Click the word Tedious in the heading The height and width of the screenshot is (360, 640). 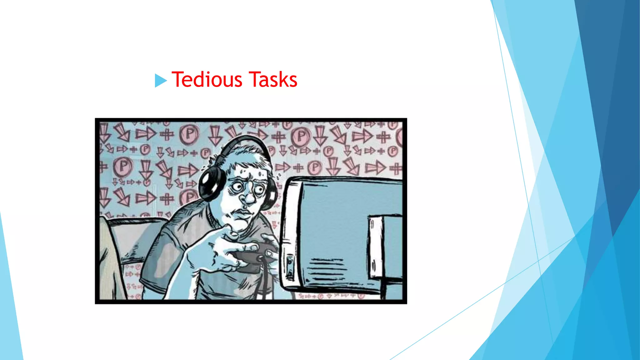(207, 79)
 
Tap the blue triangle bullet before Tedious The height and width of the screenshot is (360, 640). (161, 80)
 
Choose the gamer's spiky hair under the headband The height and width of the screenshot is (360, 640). (247, 156)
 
